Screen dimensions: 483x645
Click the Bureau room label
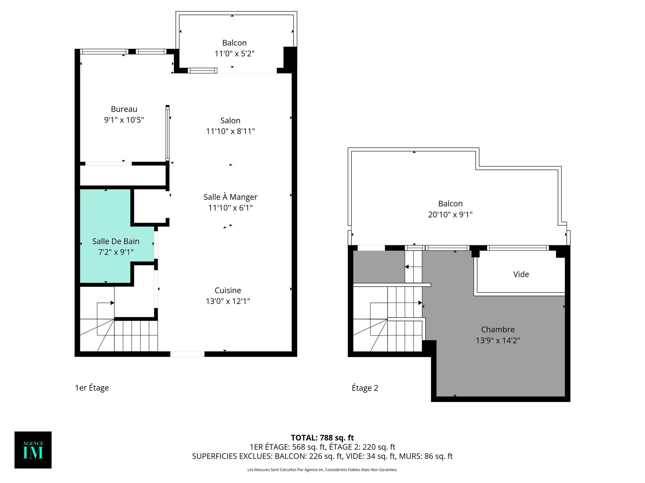pos(124,109)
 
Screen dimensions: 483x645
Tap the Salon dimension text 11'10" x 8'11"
pos(230,131)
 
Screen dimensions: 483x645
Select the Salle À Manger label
pos(230,197)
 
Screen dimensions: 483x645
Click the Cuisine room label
pos(228,290)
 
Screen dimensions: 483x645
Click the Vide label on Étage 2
pos(521,274)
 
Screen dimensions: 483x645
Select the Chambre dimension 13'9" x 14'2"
pos(498,340)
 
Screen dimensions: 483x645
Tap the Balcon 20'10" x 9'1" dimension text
pos(450,214)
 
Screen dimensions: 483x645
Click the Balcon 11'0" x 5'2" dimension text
pos(234,53)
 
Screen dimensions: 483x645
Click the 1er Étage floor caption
pos(92,388)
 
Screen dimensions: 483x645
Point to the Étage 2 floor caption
pos(365,388)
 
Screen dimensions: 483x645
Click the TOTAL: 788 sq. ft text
pos(322,438)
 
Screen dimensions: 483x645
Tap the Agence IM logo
pos(33,450)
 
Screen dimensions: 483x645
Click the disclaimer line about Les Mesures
pos(322,470)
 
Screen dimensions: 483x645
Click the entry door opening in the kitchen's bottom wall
pos(187,354)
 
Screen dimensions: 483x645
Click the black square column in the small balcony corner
pos(290,57)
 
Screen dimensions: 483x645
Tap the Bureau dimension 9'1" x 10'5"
pos(124,120)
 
